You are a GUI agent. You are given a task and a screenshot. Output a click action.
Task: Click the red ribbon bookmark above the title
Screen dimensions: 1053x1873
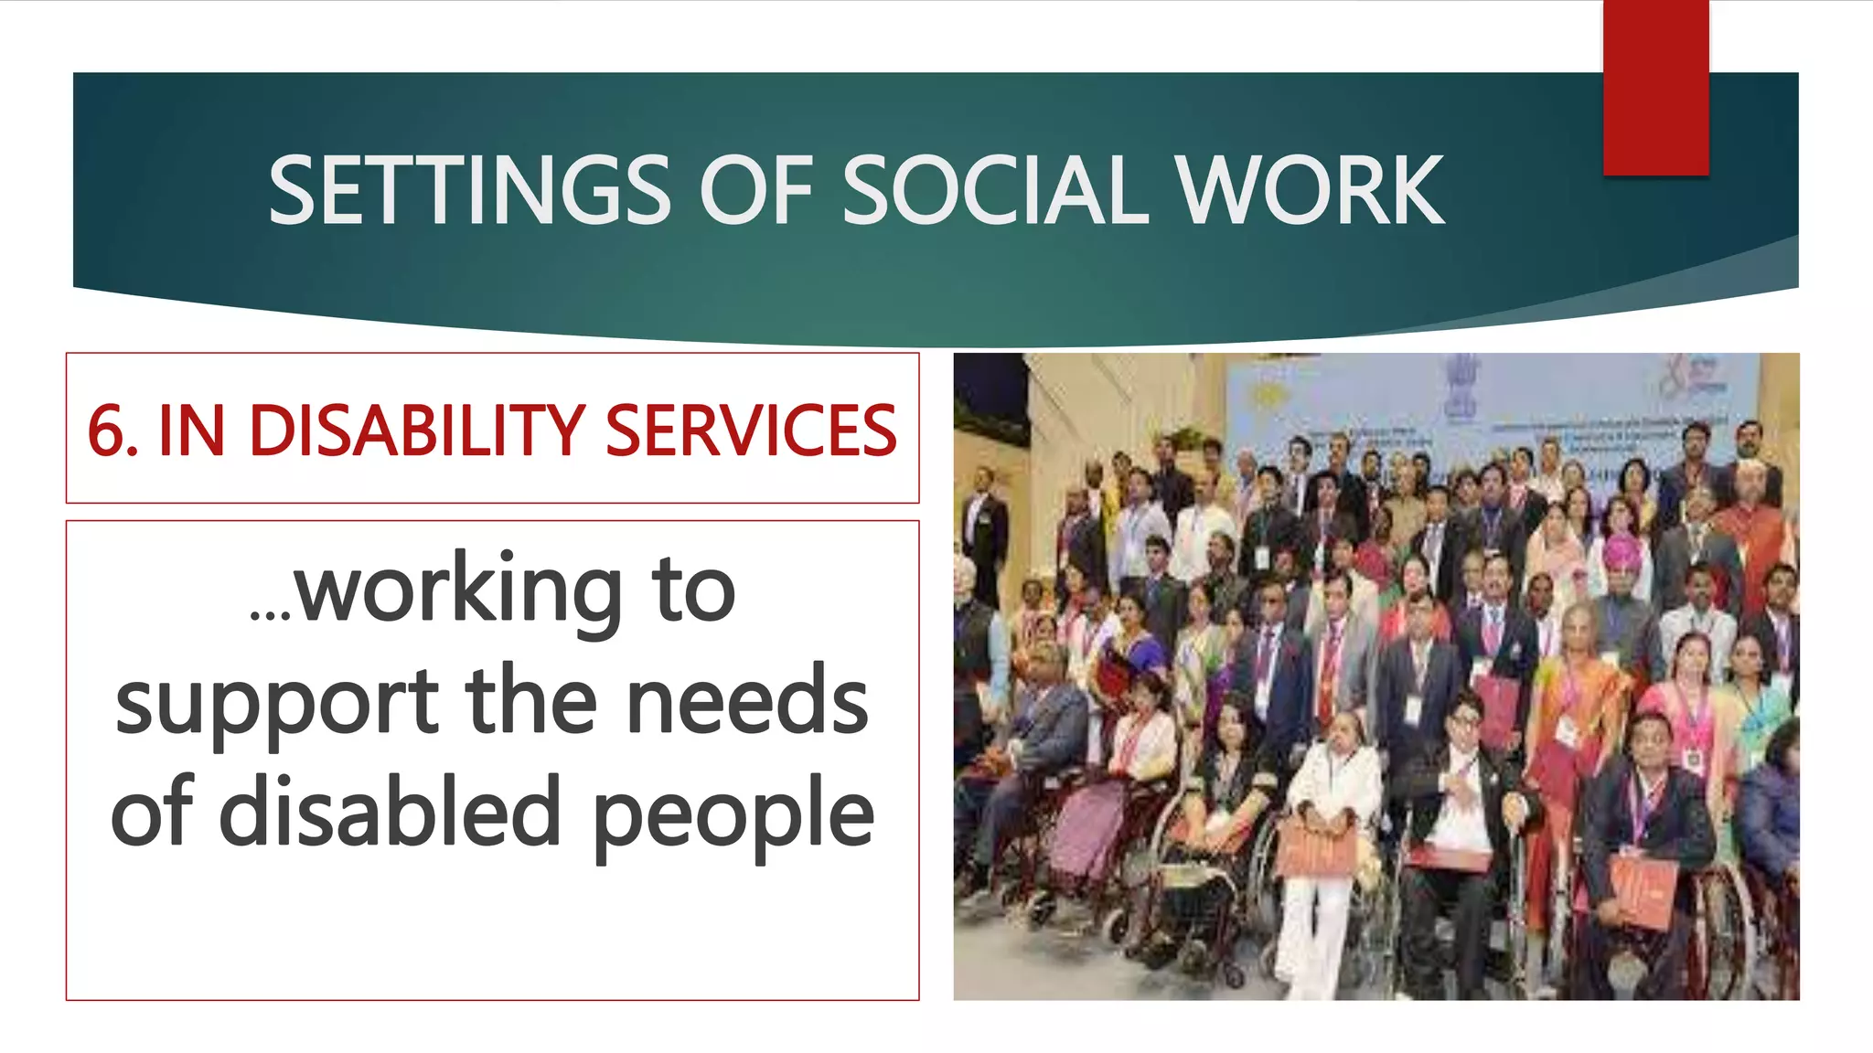(x=1655, y=87)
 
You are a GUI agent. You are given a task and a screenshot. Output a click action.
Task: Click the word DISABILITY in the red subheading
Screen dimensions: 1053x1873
(x=417, y=431)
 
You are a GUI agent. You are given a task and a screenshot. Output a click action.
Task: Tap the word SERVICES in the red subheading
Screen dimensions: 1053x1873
(x=750, y=431)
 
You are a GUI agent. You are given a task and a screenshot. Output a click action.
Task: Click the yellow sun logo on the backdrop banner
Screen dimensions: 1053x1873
(x=1266, y=396)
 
